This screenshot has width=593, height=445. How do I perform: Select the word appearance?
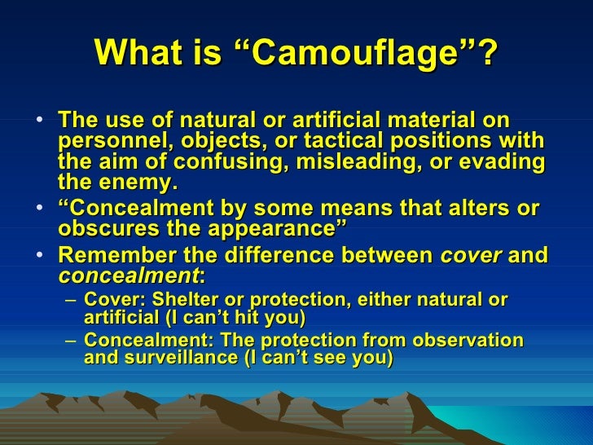279,228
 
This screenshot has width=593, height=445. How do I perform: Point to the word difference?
279,256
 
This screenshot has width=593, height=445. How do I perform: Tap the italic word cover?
470,256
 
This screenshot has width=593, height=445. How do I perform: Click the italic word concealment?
127,275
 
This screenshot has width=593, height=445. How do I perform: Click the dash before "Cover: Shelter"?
72,302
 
